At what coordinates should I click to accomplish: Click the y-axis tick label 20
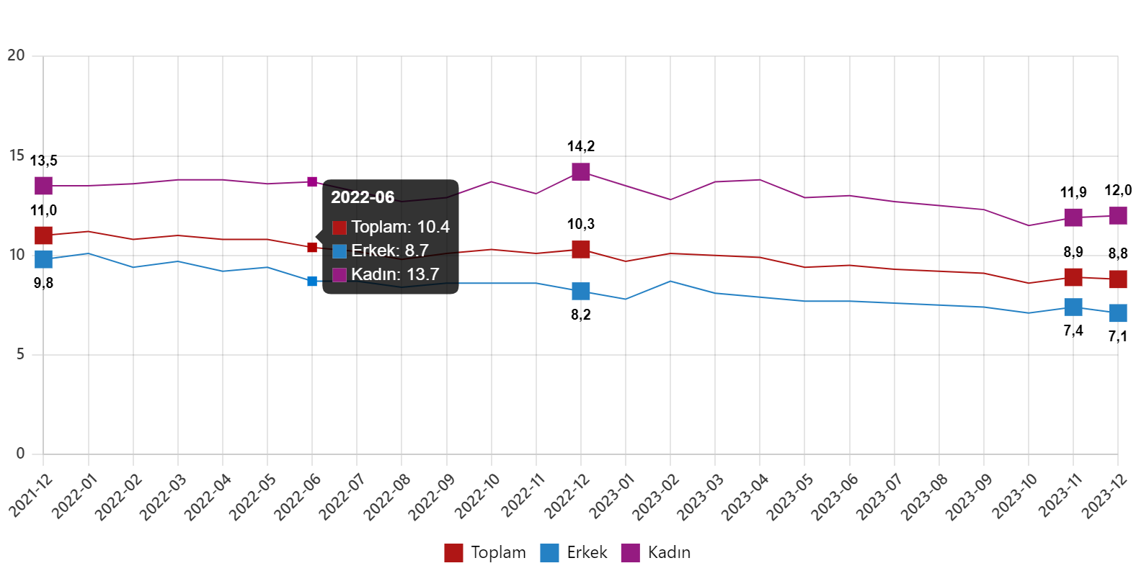(x=16, y=55)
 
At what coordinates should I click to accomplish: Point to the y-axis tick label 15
(x=17, y=156)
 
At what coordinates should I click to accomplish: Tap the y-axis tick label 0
(x=20, y=454)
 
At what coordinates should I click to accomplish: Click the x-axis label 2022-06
(x=298, y=497)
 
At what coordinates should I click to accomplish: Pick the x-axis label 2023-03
(x=701, y=497)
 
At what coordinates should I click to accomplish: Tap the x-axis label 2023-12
(x=1105, y=497)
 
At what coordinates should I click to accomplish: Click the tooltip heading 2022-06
(x=363, y=197)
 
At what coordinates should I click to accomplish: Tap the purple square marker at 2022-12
(x=581, y=171)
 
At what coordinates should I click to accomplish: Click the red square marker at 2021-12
(x=44, y=235)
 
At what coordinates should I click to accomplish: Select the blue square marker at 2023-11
(x=1073, y=307)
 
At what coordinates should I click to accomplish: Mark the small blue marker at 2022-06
(x=312, y=281)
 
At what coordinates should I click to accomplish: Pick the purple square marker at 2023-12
(x=1118, y=215)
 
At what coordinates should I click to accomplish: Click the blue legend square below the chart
(x=549, y=553)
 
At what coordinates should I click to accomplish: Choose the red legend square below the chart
(x=453, y=553)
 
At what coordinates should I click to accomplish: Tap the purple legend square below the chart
(x=630, y=553)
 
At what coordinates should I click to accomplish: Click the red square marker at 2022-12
(x=581, y=249)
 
